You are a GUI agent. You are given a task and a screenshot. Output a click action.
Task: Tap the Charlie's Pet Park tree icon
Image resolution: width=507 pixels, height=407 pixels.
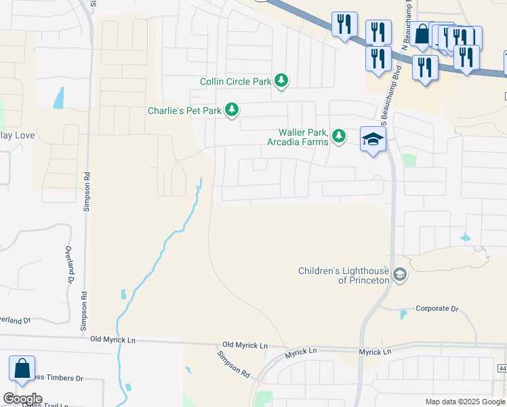232,109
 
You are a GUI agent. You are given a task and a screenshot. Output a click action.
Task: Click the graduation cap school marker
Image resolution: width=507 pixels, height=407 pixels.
371,140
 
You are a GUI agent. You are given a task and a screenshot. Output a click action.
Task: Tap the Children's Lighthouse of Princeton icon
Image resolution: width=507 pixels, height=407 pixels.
400,275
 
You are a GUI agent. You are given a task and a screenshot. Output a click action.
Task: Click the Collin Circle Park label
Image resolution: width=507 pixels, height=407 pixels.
235,81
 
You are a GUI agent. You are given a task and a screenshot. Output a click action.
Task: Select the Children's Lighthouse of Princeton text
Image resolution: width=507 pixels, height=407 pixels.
344,275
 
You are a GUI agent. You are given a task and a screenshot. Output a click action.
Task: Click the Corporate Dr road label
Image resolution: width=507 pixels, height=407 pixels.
437,309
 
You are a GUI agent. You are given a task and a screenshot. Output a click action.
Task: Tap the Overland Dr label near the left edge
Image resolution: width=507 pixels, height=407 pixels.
16,319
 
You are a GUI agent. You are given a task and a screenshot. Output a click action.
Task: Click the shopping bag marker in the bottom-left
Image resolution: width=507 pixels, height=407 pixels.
22,370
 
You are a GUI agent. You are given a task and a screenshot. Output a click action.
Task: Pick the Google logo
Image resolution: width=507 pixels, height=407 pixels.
23,399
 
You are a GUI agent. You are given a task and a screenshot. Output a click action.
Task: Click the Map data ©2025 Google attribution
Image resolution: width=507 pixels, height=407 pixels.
465,402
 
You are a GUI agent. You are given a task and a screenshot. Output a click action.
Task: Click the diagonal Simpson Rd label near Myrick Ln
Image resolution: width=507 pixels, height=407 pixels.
234,364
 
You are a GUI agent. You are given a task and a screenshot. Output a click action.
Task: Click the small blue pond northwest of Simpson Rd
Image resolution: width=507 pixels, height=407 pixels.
59,99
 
